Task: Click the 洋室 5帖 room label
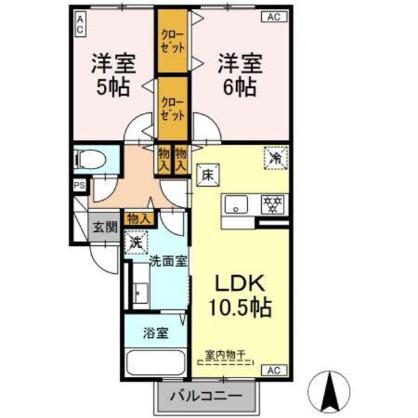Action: coord(111,75)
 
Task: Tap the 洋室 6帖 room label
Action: coord(239,75)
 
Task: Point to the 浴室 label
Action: coord(155,332)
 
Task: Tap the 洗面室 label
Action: coord(168,261)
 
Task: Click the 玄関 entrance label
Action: coord(106,226)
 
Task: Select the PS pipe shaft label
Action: coord(79,185)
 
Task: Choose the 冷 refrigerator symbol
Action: coord(276,158)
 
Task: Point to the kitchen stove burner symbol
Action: coord(272,205)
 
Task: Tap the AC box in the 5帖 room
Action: coord(81,25)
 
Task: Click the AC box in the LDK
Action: coord(274,369)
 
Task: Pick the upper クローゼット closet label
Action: coord(173,40)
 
